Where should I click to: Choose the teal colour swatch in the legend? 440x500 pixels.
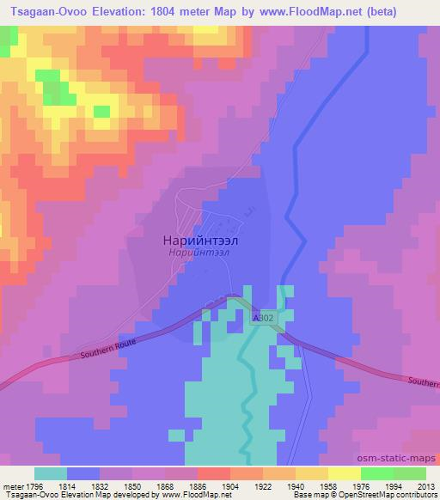click(x=51, y=473)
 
